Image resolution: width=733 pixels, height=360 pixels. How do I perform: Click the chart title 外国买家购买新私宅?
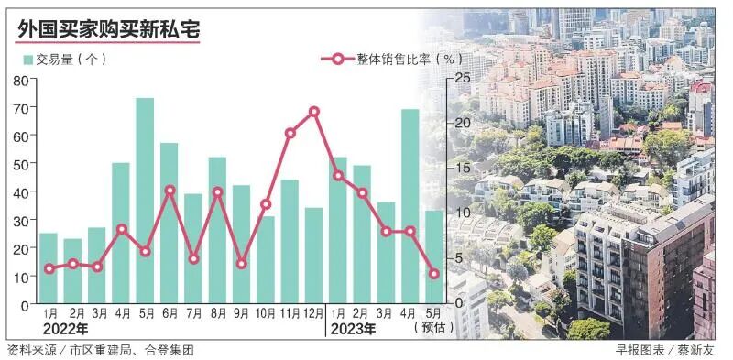click(x=108, y=29)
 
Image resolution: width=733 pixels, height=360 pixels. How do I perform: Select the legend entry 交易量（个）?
click(x=65, y=59)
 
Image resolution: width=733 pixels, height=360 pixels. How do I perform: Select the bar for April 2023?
click(x=410, y=206)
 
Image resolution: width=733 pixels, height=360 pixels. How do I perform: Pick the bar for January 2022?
click(x=49, y=267)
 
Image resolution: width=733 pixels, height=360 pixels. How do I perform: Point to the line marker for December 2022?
click(x=314, y=112)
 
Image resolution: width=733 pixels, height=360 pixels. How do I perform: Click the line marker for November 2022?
click(x=290, y=133)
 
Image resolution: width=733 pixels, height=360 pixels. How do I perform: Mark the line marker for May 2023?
click(x=434, y=273)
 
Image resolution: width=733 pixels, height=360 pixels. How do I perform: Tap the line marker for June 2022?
click(x=170, y=191)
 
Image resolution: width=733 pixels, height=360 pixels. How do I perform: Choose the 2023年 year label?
click(x=355, y=328)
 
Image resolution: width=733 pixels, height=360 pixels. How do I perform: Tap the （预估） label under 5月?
click(x=432, y=328)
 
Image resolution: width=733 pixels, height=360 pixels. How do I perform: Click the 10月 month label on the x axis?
click(x=266, y=313)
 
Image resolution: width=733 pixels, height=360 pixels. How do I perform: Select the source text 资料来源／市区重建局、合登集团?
click(x=100, y=350)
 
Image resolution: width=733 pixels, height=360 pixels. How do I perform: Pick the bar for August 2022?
click(x=217, y=229)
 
